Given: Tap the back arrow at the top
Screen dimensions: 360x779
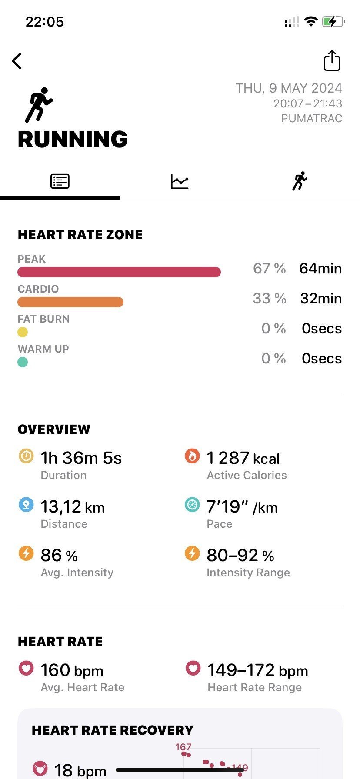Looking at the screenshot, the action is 17,61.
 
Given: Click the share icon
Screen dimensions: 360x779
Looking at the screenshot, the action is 332,60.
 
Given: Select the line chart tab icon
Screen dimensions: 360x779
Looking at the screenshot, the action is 180,181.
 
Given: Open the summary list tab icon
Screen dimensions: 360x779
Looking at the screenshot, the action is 60,181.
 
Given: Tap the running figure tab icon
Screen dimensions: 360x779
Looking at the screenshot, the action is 300,181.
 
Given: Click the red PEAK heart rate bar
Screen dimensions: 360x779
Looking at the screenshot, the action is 119,272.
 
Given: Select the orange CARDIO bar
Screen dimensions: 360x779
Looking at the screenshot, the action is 70,302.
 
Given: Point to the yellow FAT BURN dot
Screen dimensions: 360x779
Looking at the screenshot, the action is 23,332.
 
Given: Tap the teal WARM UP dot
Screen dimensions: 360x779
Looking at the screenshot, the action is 23,362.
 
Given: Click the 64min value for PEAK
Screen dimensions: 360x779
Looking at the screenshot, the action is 320,269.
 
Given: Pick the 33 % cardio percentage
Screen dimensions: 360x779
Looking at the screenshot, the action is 270,299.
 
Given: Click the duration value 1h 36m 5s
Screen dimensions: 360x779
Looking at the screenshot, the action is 81,458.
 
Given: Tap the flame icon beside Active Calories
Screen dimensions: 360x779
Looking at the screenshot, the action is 192,456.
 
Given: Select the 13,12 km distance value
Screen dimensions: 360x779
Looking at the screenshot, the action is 73,507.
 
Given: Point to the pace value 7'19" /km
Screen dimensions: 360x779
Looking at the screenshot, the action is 242,507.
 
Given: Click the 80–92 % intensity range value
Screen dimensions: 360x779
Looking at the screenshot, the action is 240,556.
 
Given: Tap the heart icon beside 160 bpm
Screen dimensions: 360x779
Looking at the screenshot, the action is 26,668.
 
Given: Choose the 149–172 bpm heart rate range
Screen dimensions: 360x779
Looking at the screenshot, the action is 257,670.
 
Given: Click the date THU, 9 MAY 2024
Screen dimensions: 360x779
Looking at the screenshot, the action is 289,88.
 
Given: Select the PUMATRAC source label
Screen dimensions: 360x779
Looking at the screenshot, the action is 312,118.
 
